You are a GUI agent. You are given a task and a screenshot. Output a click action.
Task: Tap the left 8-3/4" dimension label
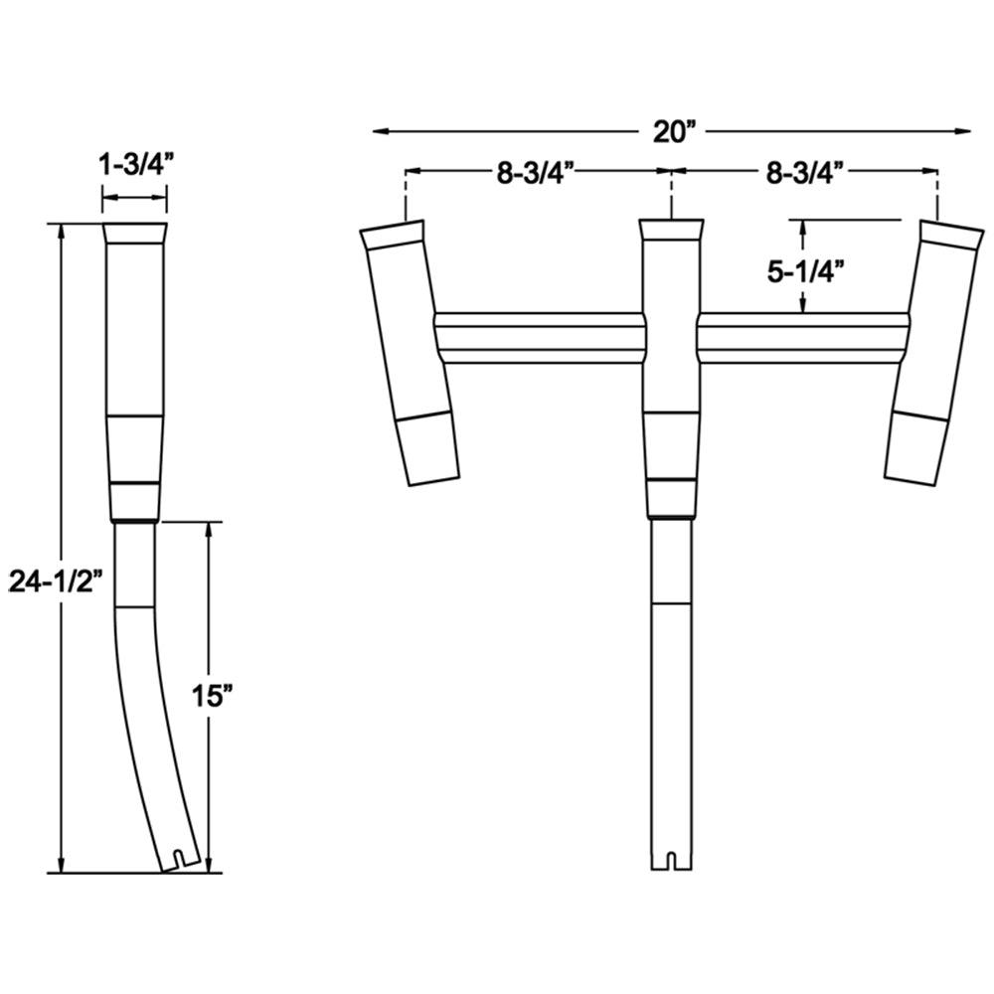[x=538, y=172]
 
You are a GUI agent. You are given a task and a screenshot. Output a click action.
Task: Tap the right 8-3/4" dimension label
[x=805, y=172]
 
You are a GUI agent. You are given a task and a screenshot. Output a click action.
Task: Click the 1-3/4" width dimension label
[x=136, y=166]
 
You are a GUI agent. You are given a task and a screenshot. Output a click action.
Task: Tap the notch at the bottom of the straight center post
[x=672, y=860]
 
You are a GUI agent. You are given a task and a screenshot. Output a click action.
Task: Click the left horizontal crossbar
[x=540, y=338]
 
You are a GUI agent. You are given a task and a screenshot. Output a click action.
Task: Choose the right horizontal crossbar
[x=803, y=338]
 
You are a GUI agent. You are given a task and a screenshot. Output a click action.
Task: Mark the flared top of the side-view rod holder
[x=135, y=237]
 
